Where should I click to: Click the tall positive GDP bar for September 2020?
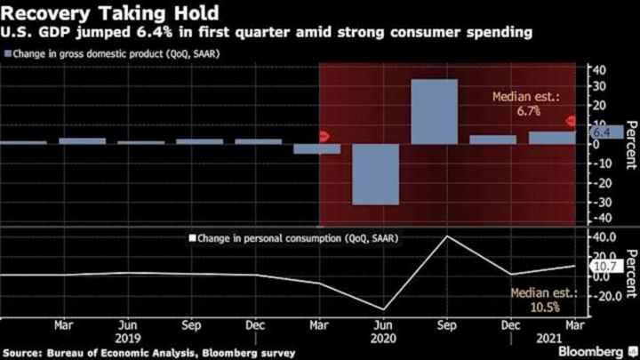pos(434,110)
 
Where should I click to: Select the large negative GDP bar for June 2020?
pos(375,174)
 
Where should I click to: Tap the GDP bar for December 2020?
pos(492,140)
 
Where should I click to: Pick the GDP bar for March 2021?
pos(551,138)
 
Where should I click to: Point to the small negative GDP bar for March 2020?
pos(316,148)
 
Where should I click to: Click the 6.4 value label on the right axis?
pos(601,132)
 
